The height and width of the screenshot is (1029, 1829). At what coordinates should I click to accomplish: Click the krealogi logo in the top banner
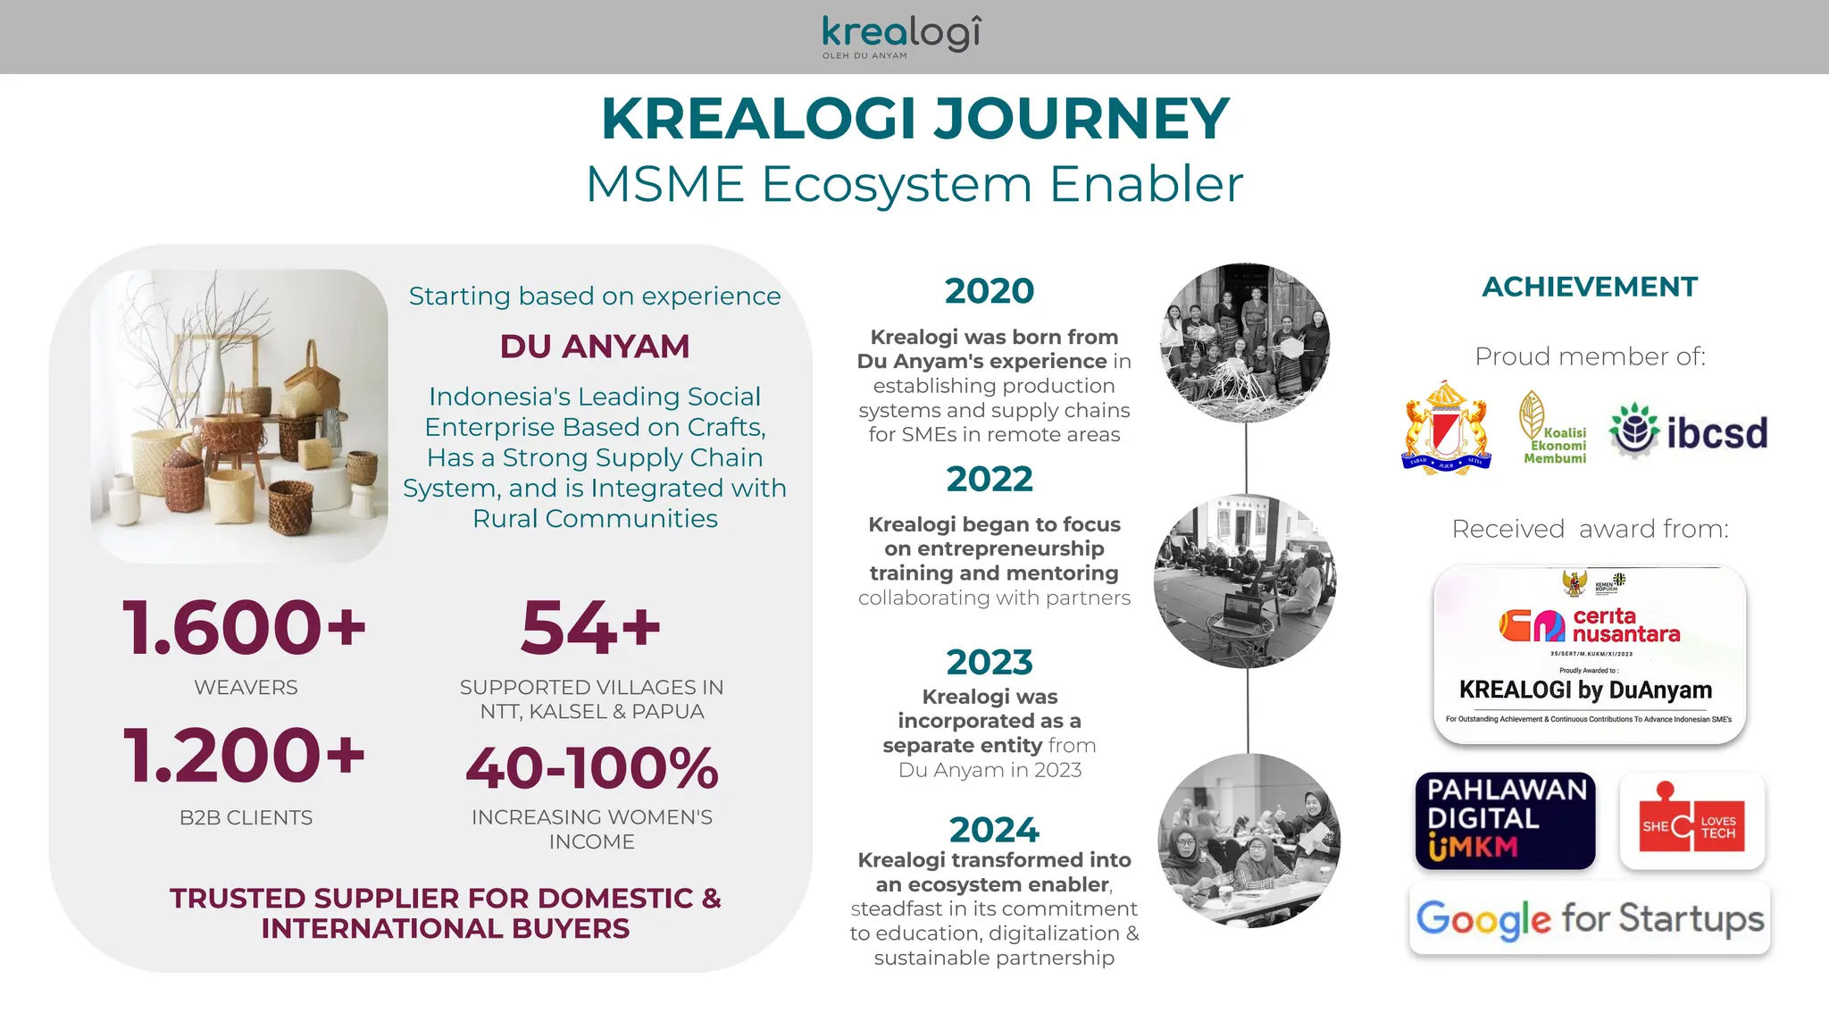point(900,36)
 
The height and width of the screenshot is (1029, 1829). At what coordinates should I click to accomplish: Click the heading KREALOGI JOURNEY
point(914,119)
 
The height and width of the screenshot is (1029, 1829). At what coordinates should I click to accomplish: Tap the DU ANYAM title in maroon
point(595,347)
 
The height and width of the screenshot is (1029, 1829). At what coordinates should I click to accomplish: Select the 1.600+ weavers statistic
point(245,627)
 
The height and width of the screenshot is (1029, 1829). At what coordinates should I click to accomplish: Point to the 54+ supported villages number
point(590,627)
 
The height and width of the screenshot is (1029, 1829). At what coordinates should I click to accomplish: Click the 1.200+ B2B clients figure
point(245,756)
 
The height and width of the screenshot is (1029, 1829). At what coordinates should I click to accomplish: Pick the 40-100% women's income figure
point(591,768)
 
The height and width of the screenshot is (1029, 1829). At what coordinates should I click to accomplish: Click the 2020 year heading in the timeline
point(990,291)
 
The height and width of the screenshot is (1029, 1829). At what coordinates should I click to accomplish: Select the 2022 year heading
point(990,480)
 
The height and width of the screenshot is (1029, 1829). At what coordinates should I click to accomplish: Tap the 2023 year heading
point(990,663)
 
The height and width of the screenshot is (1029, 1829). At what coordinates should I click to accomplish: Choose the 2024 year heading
point(994,830)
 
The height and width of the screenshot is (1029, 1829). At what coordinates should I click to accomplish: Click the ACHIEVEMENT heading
point(1590,287)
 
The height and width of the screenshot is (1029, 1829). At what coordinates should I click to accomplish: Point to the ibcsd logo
point(1688,432)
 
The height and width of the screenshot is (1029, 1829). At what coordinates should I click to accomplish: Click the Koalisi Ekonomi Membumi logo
point(1553,430)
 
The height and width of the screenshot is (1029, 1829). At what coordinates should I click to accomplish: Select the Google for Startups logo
point(1590,919)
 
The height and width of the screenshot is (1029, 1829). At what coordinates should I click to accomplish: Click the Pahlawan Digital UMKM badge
point(1505,821)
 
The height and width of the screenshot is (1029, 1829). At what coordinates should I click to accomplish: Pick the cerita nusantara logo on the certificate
point(1590,625)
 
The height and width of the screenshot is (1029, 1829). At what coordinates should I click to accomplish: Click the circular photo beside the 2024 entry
point(1249,841)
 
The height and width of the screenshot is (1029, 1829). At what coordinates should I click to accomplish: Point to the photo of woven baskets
point(239,416)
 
